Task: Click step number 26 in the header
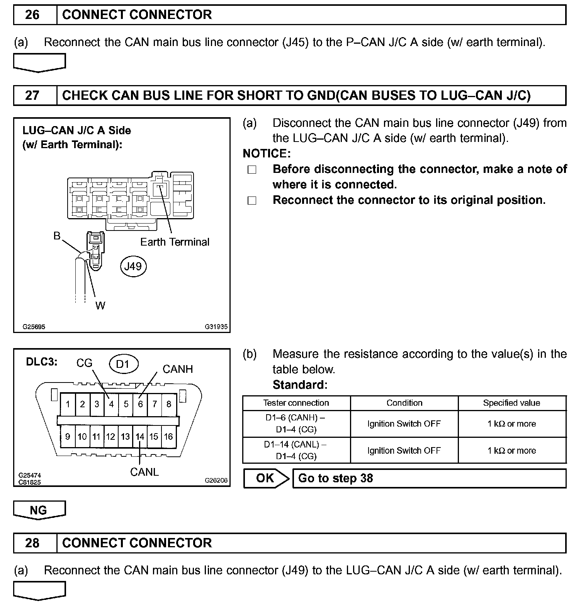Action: (32, 15)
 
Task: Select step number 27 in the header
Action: (32, 95)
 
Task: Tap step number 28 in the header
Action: (32, 543)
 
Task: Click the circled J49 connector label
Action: (133, 266)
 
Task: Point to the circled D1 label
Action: (122, 364)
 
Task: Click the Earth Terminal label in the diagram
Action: (175, 242)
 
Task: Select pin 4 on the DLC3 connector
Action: (111, 404)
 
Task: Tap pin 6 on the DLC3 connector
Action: (140, 404)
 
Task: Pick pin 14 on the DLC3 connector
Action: (139, 437)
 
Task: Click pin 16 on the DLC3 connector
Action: (168, 437)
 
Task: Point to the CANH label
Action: (178, 369)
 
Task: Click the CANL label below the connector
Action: (144, 472)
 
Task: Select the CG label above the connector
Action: (84, 363)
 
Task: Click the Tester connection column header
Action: (296, 403)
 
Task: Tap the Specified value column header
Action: (511, 403)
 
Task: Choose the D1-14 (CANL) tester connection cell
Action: (296, 450)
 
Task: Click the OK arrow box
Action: (266, 478)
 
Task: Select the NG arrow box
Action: (39, 510)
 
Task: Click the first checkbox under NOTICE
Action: (252, 170)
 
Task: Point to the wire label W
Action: (100, 306)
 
